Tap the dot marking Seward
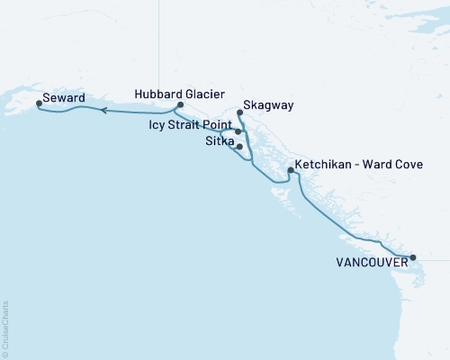click(x=39, y=103)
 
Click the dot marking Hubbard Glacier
click(x=181, y=104)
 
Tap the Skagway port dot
click(x=239, y=113)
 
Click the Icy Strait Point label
click(x=191, y=125)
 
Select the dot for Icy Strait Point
click(x=238, y=131)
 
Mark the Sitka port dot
click(x=239, y=146)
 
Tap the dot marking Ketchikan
click(x=290, y=170)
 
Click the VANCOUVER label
click(x=370, y=264)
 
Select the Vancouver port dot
click(x=413, y=258)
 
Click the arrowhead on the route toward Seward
click(x=103, y=111)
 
